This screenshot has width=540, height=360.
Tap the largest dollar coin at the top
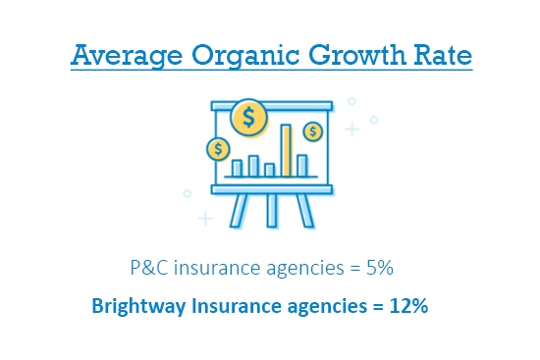[x=249, y=118]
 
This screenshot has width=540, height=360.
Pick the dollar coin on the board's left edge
[x=218, y=149]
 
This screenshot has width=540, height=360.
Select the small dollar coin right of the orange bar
[x=313, y=130]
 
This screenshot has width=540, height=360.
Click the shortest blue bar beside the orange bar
[x=270, y=170]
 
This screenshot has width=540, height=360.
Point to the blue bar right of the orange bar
[x=302, y=165]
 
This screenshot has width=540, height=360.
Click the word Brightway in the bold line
[x=136, y=305]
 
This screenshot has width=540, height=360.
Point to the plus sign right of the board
[x=351, y=128]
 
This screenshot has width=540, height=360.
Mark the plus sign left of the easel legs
[x=204, y=217]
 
